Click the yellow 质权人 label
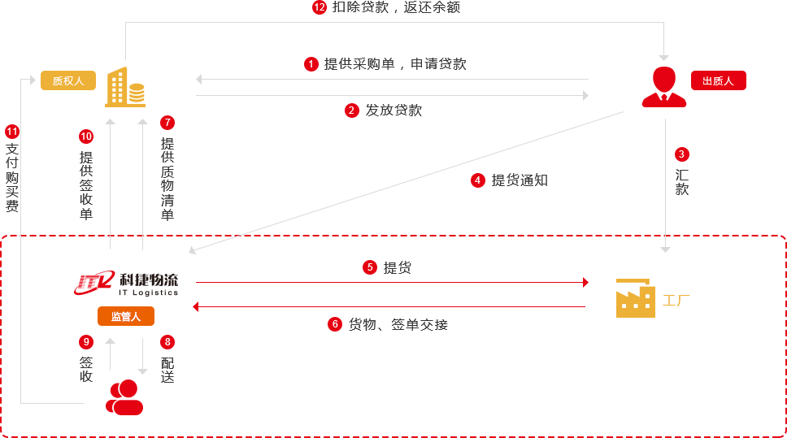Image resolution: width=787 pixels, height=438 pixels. coord(68,80)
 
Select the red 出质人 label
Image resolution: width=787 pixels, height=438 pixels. coord(718,80)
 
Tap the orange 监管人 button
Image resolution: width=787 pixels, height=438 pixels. coord(126,316)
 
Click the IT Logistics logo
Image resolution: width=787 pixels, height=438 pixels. coord(127,284)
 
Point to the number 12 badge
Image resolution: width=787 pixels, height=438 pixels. coord(320,7)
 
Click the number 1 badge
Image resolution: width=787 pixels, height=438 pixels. coord(311,63)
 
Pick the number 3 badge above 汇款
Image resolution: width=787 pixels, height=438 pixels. coord(681,154)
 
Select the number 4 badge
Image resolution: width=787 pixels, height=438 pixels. coord(477,180)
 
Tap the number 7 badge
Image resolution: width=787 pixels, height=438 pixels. coord(167,123)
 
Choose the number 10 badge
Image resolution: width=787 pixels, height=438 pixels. coord(86,136)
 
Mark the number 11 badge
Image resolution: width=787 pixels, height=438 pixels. coord(11,131)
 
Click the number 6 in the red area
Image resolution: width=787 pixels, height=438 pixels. coord(335,324)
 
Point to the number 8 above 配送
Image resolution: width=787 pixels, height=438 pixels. coord(167,342)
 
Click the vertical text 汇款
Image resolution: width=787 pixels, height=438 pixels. coord(681,182)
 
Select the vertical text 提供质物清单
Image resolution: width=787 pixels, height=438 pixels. coord(167,179)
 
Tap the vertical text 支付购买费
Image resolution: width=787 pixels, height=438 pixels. coord(12,177)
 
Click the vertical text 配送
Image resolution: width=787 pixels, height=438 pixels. coord(167,370)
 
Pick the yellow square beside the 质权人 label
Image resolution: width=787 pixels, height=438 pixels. coord(124,86)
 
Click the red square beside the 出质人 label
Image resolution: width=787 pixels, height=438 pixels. coord(663,86)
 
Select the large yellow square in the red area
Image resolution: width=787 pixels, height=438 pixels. coord(636,298)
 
